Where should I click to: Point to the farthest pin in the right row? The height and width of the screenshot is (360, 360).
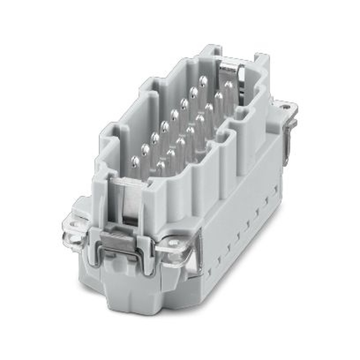(229, 86)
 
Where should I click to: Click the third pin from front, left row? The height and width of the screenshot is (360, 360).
(155, 138)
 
